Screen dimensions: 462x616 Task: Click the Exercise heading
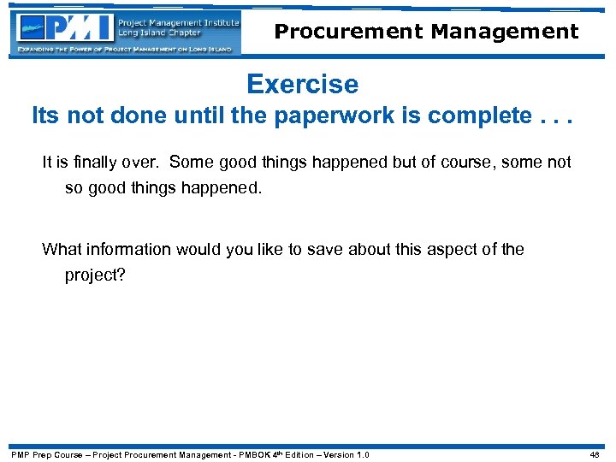(x=302, y=84)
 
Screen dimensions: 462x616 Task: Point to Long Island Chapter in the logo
(x=159, y=33)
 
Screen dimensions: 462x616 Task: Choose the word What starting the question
(x=61, y=250)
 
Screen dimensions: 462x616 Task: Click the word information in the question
(x=126, y=250)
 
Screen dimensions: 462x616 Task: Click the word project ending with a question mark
(x=95, y=275)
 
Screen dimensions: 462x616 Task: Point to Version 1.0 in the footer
(x=347, y=454)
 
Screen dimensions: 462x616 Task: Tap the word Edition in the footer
(x=296, y=454)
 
